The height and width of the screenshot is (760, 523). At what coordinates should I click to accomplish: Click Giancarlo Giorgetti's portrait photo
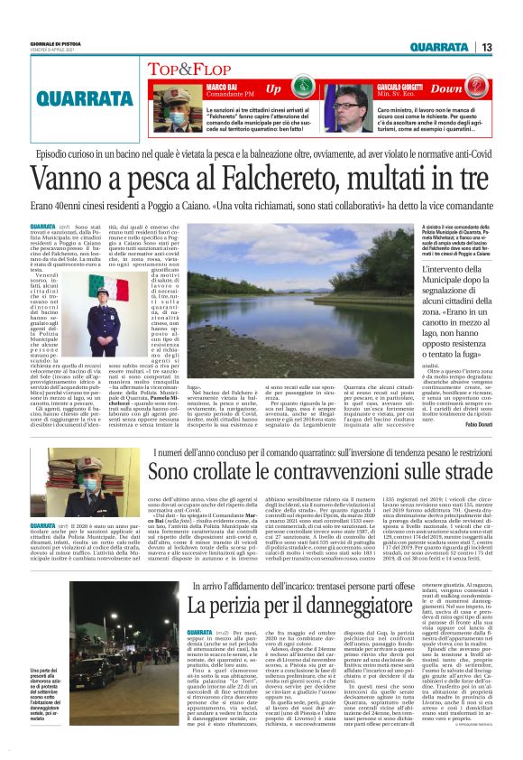point(351,106)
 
